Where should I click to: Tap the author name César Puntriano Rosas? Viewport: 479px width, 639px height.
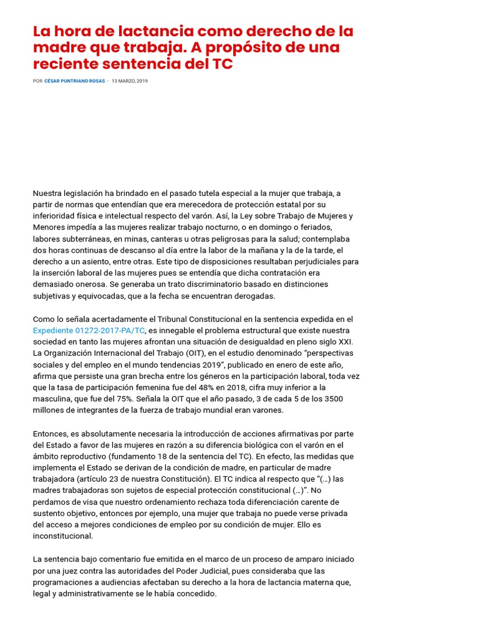[x=75, y=81]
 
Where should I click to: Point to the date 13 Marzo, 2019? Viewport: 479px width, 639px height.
[x=130, y=81]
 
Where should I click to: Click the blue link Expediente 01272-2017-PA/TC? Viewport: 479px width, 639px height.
[x=89, y=330]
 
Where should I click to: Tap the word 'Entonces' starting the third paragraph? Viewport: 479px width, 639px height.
[x=51, y=434]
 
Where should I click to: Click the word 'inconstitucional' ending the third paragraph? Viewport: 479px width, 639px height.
[x=62, y=535]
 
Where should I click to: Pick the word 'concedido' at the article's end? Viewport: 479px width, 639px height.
[x=196, y=593]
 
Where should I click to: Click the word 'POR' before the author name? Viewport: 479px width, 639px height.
[x=37, y=81]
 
